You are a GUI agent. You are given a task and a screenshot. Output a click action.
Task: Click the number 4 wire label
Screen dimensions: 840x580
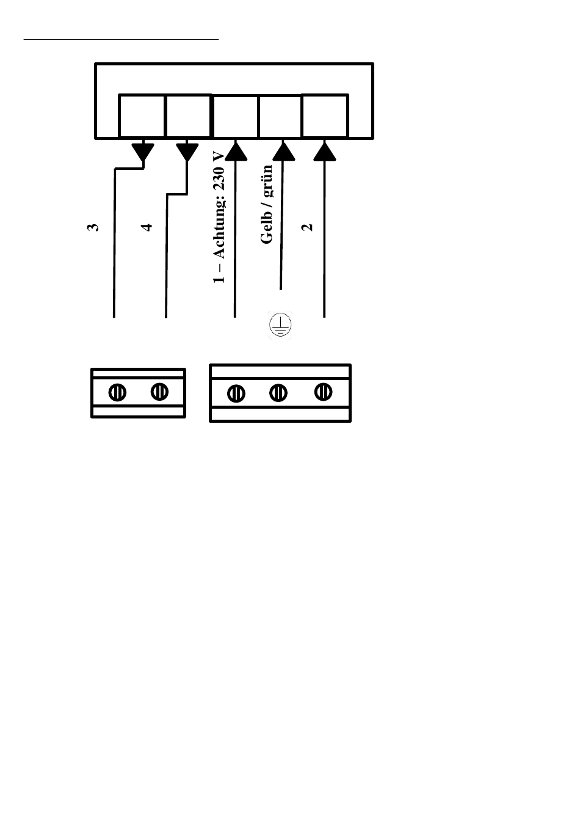tap(147, 227)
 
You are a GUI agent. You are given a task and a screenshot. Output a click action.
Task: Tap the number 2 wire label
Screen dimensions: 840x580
tap(308, 227)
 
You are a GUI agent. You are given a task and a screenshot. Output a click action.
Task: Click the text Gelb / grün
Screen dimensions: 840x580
tap(266, 205)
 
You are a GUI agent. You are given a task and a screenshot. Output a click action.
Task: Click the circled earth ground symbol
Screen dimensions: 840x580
tap(280, 325)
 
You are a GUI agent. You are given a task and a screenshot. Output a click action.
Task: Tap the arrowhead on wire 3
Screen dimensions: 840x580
tap(143, 151)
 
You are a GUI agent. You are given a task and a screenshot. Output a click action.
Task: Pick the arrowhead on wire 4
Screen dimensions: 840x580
tap(187, 151)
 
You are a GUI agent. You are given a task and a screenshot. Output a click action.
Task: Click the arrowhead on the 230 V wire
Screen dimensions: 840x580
tap(235, 150)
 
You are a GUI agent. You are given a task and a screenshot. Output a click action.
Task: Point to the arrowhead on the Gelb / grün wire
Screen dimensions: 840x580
tap(283, 150)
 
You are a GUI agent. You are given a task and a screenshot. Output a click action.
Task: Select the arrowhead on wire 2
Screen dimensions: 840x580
tap(324, 150)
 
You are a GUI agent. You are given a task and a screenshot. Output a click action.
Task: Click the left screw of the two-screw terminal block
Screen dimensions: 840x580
tap(118, 392)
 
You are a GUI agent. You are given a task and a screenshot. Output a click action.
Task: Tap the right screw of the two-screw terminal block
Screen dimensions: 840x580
tap(159, 391)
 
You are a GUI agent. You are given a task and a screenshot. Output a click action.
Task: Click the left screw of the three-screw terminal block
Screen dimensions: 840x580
tap(236, 393)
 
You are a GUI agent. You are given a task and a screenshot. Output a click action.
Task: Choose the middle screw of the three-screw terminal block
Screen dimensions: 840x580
tap(278, 392)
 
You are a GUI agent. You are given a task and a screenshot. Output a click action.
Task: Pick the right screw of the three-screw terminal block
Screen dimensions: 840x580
tap(324, 391)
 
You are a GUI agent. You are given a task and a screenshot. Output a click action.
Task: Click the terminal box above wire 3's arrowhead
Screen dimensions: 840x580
tap(142, 116)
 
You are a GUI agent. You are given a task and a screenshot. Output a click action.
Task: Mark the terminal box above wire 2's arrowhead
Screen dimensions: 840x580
tap(325, 116)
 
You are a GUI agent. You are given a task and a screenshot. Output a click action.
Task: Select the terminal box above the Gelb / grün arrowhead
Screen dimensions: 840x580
tap(280, 116)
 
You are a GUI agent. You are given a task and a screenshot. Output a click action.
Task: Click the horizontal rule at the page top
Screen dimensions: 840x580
tap(121, 39)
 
